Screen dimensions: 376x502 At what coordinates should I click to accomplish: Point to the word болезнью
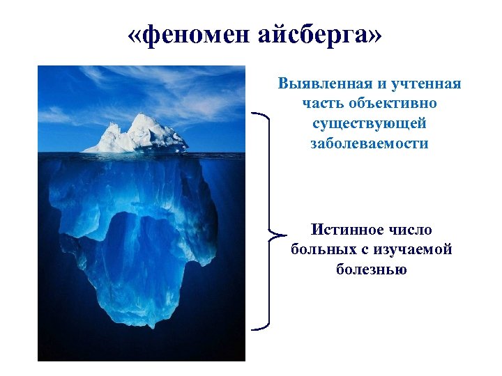[x=370, y=268]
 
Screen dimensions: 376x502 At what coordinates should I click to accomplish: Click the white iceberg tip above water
[x=139, y=136]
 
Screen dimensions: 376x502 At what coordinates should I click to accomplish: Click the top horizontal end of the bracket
[x=258, y=113]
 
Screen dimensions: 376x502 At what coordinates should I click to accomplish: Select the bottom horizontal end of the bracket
[x=258, y=327]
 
